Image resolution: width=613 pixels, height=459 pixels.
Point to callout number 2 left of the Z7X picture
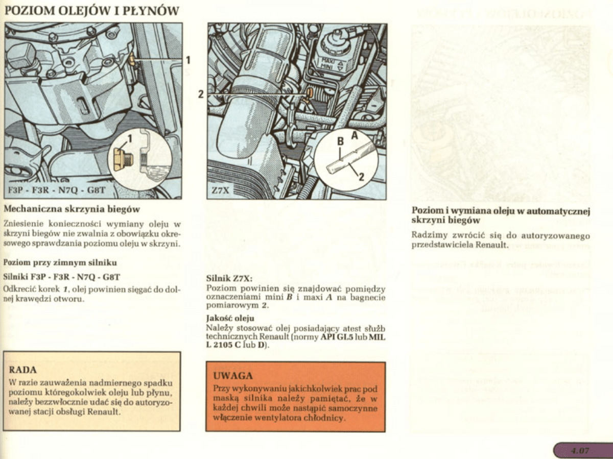tap(201, 94)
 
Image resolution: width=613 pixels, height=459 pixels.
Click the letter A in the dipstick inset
tap(355, 136)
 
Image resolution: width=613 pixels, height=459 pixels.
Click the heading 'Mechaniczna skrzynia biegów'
tap(72, 209)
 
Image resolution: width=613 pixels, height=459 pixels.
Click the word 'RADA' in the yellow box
tap(23, 369)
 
